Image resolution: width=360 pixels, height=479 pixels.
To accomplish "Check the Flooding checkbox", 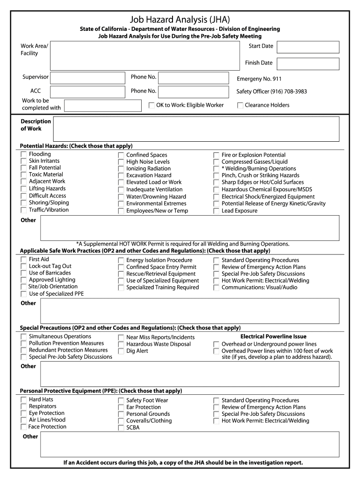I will [23, 154].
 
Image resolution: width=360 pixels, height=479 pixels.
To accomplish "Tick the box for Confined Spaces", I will [121, 155].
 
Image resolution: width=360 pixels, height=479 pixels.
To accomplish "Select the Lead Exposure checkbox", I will [216, 211].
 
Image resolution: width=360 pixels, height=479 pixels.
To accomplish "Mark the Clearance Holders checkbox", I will [240, 106].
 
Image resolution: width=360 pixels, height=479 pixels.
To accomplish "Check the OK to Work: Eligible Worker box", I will [151, 106].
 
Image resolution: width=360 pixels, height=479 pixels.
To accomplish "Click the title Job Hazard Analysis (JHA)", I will [180, 19].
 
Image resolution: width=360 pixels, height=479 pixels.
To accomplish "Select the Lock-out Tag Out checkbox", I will [23, 267].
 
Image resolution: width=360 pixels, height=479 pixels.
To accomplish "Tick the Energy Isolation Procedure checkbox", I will [121, 261].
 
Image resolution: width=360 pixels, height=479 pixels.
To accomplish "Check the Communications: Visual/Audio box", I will [216, 288].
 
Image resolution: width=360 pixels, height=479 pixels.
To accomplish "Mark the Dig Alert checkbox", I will [121, 351].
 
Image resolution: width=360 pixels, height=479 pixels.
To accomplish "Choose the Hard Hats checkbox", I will [23, 400].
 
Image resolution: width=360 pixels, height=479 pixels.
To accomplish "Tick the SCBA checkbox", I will [121, 428].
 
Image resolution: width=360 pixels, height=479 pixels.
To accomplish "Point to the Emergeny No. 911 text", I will [259, 79].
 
